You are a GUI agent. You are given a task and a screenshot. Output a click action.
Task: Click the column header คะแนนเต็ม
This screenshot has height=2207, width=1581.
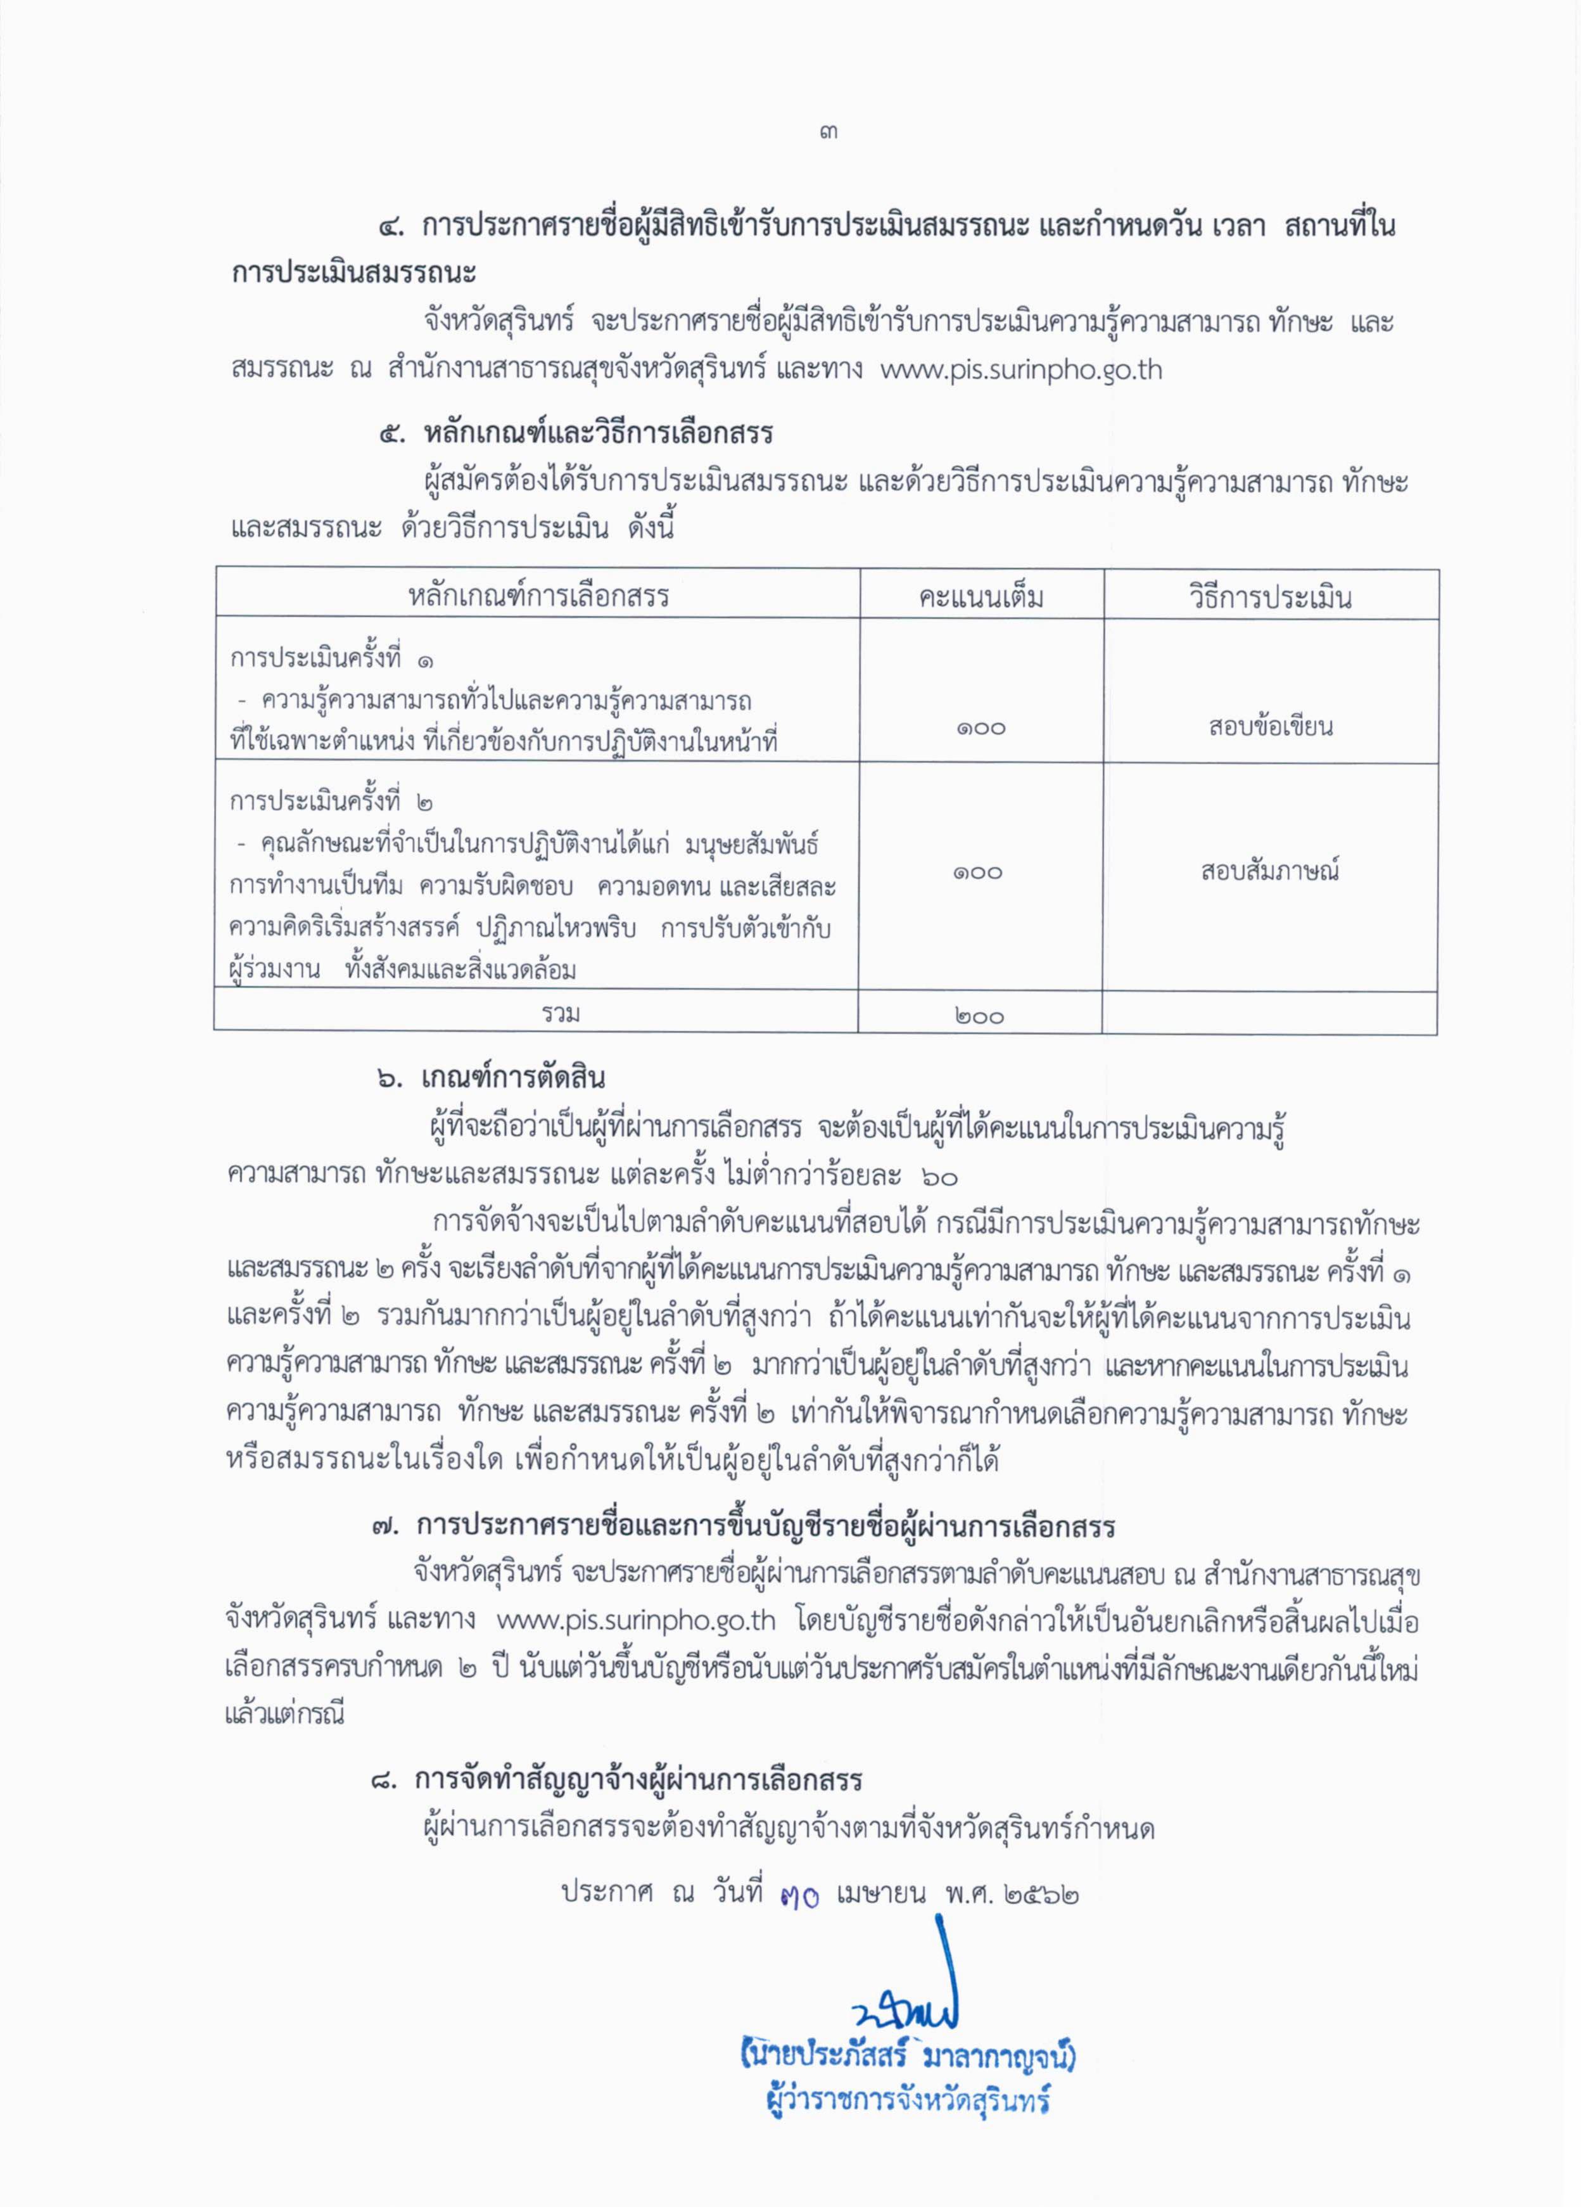981,596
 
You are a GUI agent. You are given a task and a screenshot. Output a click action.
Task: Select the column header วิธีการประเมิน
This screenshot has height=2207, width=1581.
1269,596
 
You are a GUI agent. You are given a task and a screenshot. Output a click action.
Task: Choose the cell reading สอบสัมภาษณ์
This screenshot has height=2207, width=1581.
1269,871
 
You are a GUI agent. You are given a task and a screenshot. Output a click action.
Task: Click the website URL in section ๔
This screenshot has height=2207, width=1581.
1020,371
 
